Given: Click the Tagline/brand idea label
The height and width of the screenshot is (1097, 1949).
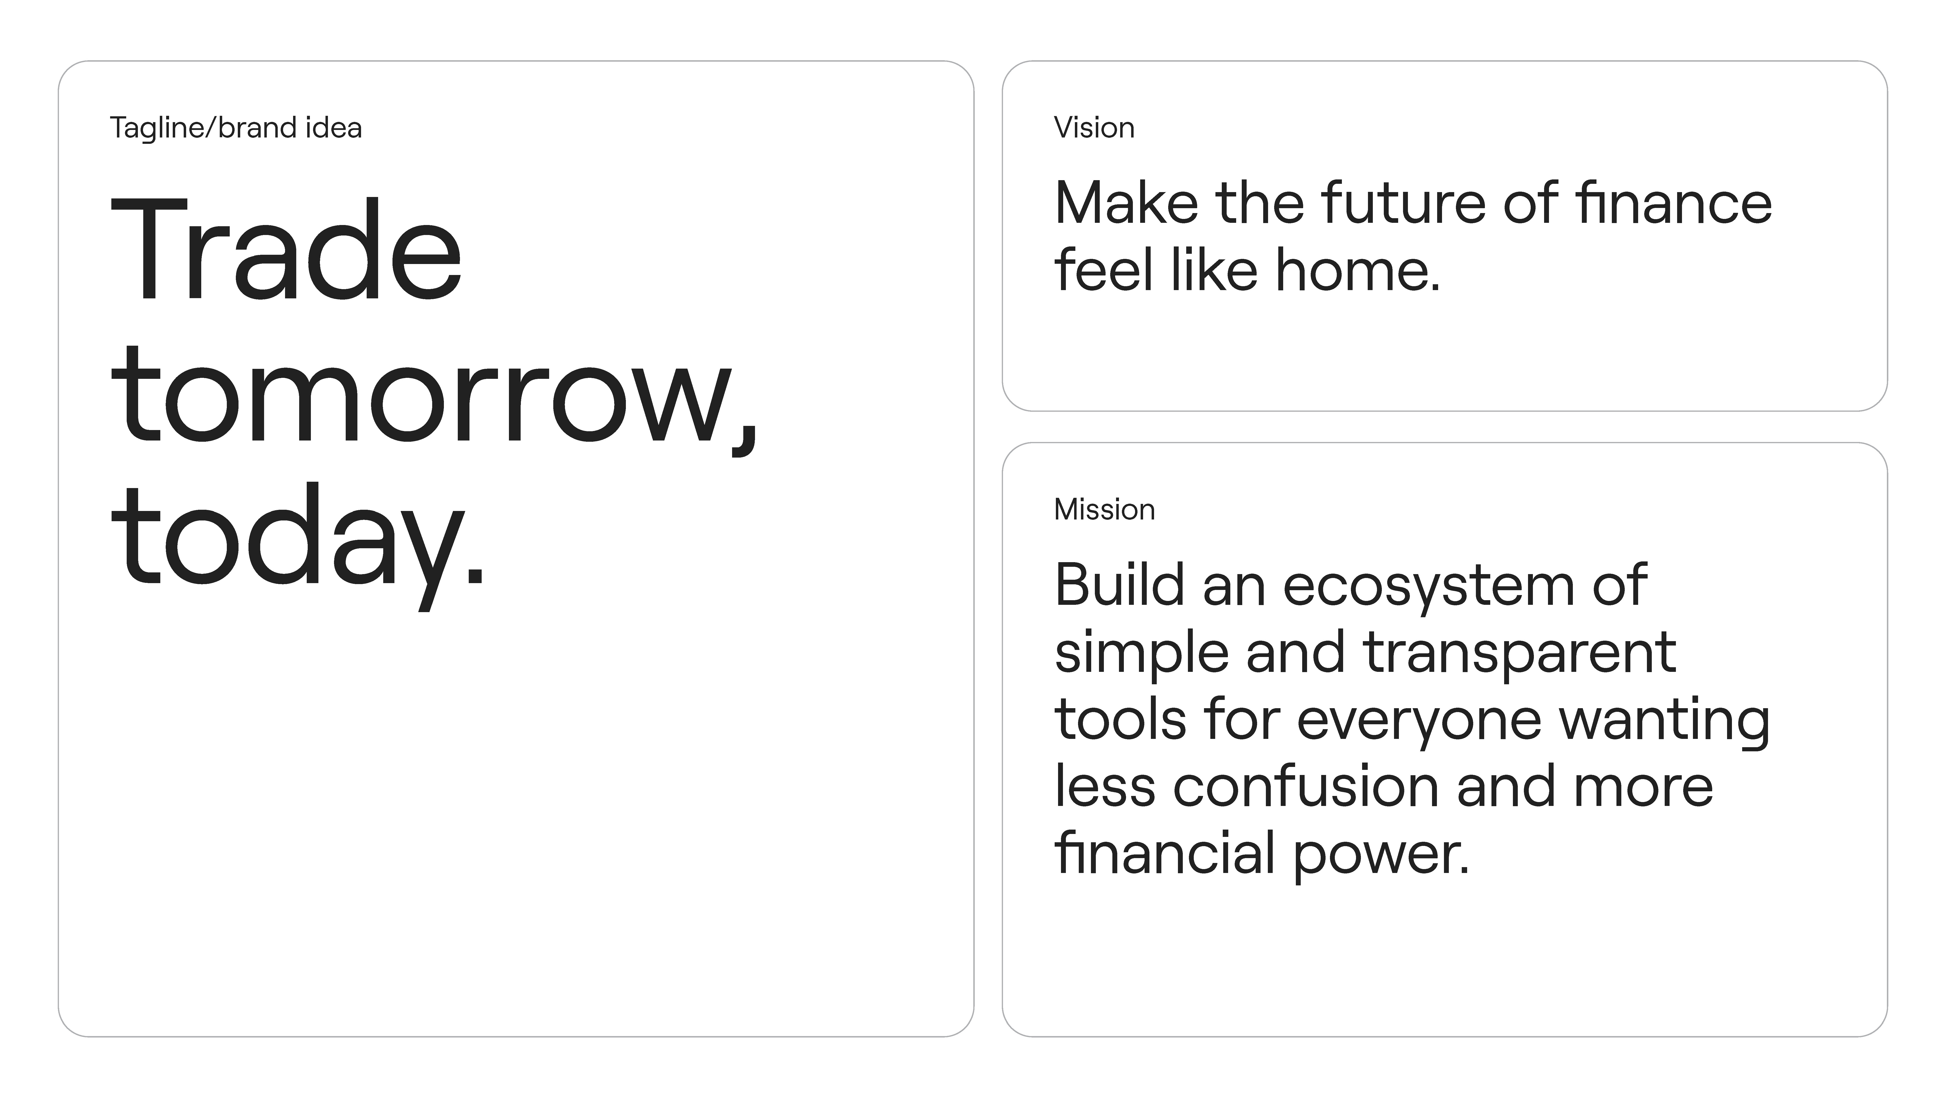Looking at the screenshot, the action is click(236, 128).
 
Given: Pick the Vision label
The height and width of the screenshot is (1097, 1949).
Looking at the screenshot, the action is click(1094, 128).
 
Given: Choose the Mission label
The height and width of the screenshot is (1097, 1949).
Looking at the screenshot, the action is click(1105, 509).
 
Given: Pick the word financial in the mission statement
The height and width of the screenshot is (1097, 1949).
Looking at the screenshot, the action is click(1165, 852).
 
